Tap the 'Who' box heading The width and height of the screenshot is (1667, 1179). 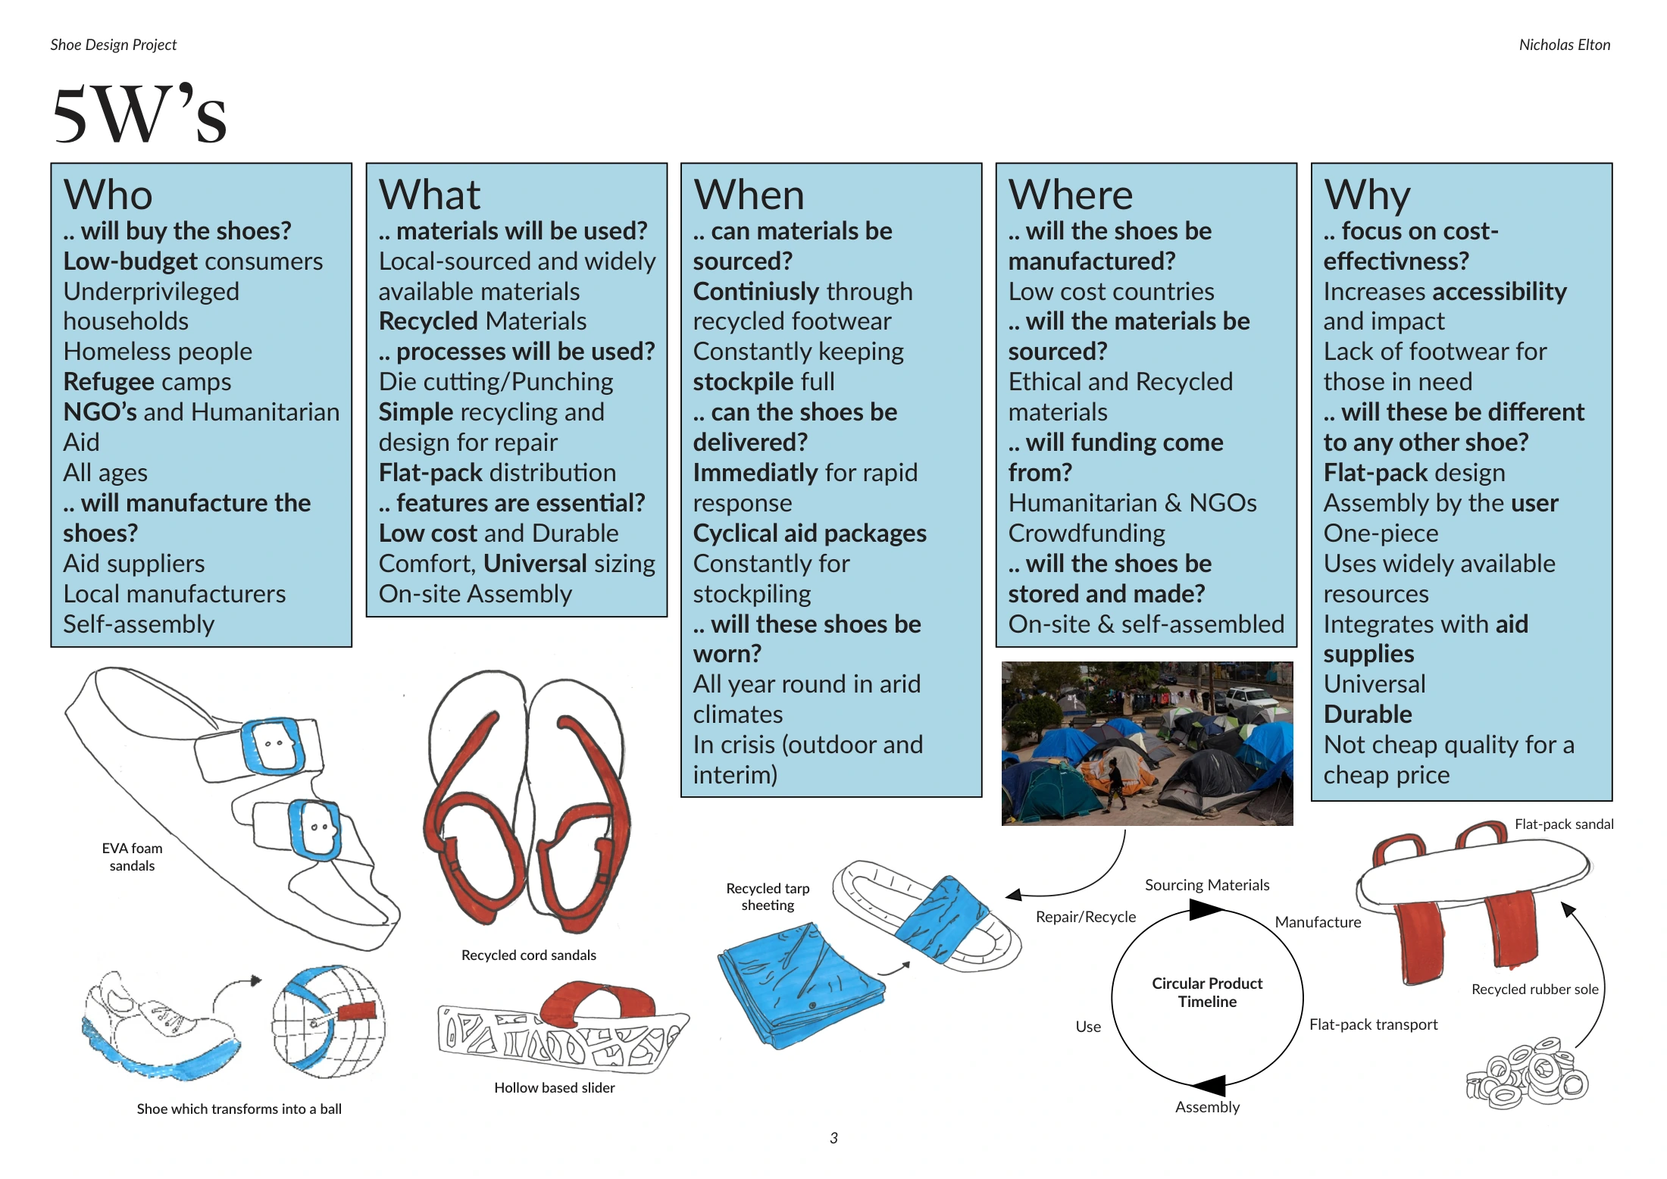[x=108, y=195]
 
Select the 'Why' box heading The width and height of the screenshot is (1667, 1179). [x=1367, y=196]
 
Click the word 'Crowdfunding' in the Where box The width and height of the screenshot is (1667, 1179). [x=1087, y=533]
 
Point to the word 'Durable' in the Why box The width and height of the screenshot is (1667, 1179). [x=1368, y=715]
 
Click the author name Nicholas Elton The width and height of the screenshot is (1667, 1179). [x=1564, y=45]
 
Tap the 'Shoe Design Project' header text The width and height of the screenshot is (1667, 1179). [x=114, y=45]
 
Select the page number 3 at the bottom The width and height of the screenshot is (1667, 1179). [x=833, y=1137]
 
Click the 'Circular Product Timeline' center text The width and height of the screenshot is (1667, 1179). [x=1207, y=992]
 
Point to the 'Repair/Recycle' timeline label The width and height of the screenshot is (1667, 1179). [x=1086, y=917]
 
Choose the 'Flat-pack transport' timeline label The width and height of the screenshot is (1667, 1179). [x=1373, y=1024]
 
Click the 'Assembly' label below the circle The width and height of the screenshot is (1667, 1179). [x=1207, y=1107]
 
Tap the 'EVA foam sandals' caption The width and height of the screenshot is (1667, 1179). [x=132, y=857]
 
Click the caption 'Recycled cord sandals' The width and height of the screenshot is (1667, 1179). [x=529, y=955]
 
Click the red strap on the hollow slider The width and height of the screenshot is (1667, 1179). [x=599, y=1001]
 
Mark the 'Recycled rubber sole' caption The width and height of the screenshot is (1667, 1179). [x=1534, y=989]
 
